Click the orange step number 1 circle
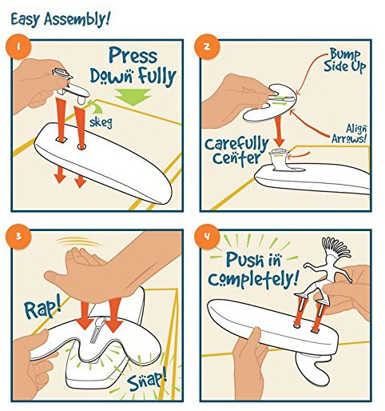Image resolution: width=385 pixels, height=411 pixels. (x=18, y=47)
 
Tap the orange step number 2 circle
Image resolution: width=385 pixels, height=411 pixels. (x=207, y=47)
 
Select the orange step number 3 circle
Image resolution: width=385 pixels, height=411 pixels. (x=18, y=236)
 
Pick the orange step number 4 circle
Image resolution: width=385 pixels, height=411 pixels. (x=207, y=236)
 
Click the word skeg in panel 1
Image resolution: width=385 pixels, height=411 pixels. (x=101, y=122)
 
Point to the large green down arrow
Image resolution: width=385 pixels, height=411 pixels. (x=133, y=97)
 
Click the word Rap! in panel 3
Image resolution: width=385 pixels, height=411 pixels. (x=42, y=309)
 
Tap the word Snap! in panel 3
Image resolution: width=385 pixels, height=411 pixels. (x=146, y=379)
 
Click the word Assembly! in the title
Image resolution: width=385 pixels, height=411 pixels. (x=77, y=19)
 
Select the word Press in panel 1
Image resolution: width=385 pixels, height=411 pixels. (x=133, y=56)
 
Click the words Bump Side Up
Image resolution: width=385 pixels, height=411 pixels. (x=344, y=61)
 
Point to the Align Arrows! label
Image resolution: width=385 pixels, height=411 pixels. (x=349, y=134)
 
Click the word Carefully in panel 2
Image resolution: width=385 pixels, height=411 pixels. (x=236, y=144)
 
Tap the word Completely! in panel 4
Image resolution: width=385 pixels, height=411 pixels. (x=253, y=279)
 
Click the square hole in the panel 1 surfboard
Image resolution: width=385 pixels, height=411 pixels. (x=61, y=139)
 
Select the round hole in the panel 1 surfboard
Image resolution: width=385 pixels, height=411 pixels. (x=81, y=146)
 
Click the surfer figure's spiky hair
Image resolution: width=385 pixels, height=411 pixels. (x=335, y=245)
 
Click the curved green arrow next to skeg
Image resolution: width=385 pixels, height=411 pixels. (x=94, y=107)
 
